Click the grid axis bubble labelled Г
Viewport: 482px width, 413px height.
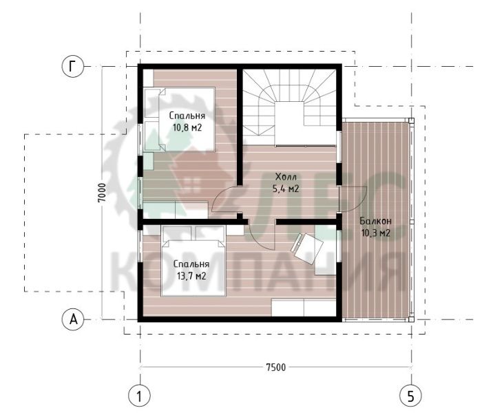pyautogui.click(x=72, y=66)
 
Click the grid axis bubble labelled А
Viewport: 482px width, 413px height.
pyautogui.click(x=73, y=319)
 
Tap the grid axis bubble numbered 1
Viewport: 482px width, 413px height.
pyautogui.click(x=139, y=396)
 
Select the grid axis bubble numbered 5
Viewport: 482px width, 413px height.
pyautogui.click(x=410, y=396)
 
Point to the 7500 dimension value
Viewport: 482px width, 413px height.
pyautogui.click(x=275, y=367)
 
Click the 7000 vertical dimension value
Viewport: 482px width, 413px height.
pyautogui.click(x=102, y=193)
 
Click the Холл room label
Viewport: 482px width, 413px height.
pyautogui.click(x=286, y=178)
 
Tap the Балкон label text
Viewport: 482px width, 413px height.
pyautogui.click(x=376, y=221)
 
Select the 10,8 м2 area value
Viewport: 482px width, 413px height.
pyautogui.click(x=187, y=127)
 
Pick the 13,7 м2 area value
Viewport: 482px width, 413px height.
pyautogui.click(x=191, y=276)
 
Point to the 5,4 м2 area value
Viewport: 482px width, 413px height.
pyautogui.click(x=286, y=189)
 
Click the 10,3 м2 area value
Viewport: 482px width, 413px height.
pyautogui.click(x=376, y=233)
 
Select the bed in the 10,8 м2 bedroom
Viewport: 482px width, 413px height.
pyautogui.click(x=179, y=120)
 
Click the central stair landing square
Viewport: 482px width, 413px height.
pyautogui.click(x=289, y=123)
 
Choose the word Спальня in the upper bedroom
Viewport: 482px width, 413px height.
pyautogui.click(x=187, y=116)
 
